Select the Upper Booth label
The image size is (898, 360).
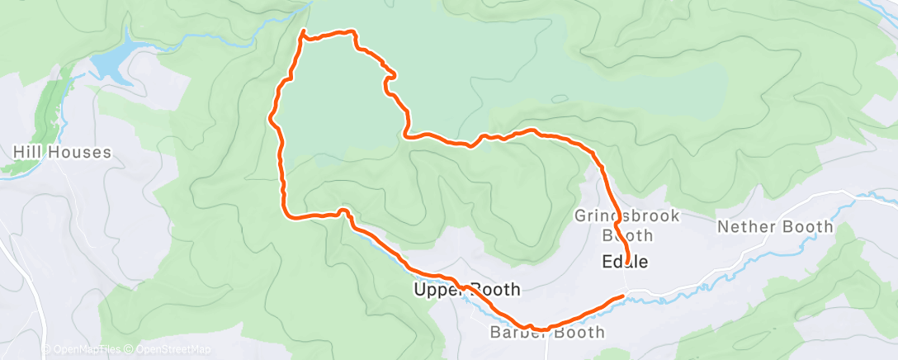[466, 290]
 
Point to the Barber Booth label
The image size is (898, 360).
[547, 333]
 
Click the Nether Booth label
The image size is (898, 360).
[775, 226]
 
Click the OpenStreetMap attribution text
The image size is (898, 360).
[169, 350]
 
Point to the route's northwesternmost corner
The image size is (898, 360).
[303, 32]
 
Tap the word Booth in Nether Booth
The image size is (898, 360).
[810, 226]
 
